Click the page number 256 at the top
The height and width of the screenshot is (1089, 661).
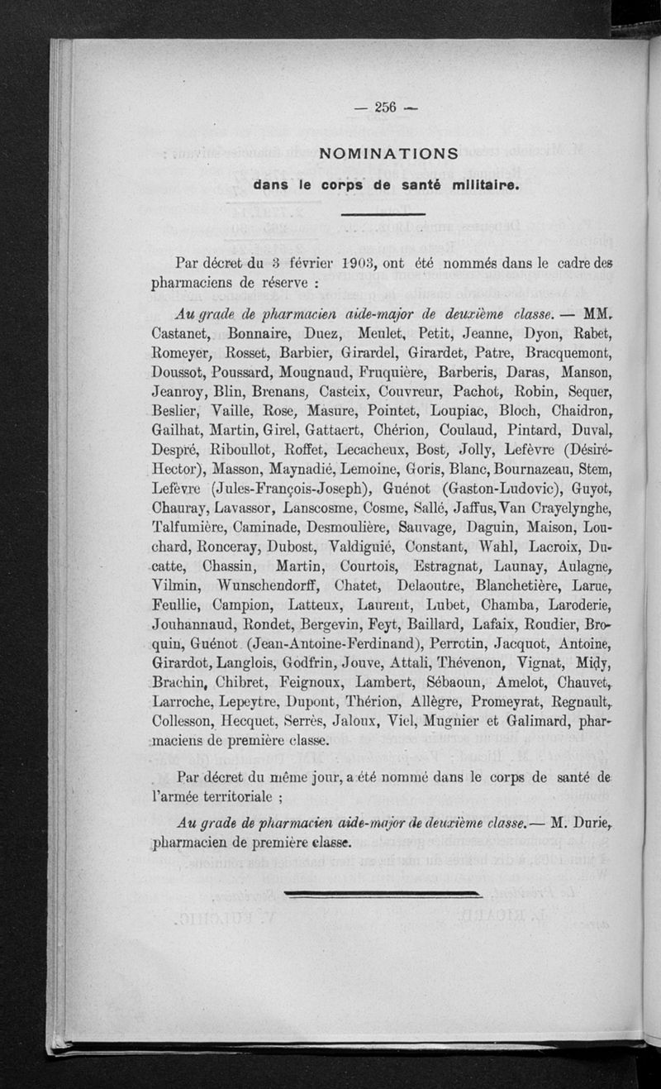[386, 106]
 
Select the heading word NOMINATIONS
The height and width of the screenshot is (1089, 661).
[388, 154]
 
